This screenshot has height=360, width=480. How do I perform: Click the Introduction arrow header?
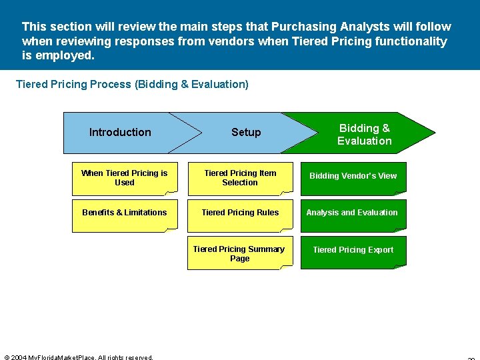point(121,132)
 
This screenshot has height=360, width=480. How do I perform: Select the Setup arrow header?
point(246,132)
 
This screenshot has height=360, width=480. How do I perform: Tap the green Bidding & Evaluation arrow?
point(364,134)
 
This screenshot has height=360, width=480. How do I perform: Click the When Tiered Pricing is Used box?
point(125,178)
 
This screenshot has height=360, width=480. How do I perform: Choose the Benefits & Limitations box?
point(125,213)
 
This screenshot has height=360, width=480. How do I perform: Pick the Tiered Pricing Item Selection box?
point(240,178)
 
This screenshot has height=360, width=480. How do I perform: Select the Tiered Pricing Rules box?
point(240,213)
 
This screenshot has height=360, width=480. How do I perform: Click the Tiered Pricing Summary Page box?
point(239,253)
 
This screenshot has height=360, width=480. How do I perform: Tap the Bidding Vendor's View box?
point(353,177)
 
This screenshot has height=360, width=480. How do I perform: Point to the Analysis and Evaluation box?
point(352,213)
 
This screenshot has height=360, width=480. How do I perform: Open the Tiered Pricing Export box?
point(353,250)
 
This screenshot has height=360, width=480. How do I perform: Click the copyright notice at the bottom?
point(79,357)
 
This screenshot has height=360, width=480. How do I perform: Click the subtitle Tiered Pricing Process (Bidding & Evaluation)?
point(132,85)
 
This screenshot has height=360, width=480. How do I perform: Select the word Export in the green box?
point(381,250)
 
